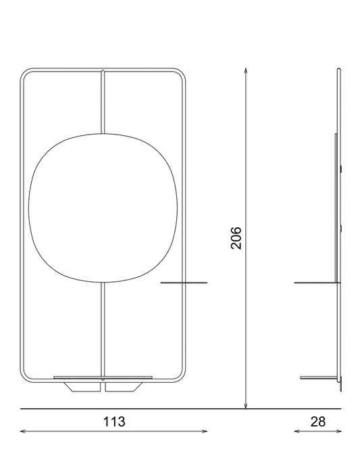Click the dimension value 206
pyautogui.click(x=236, y=238)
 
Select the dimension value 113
pyautogui.click(x=114, y=422)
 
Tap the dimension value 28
pyautogui.click(x=318, y=422)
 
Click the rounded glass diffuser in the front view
pyautogui.click(x=103, y=208)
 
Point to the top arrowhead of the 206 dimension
pyautogui.click(x=245, y=72)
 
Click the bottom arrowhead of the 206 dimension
pyautogui.click(x=245, y=406)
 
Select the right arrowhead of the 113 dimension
pyautogui.click(x=204, y=431)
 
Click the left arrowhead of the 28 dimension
pyautogui.click(x=298, y=431)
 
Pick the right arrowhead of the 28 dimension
pyautogui.click(x=338, y=431)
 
